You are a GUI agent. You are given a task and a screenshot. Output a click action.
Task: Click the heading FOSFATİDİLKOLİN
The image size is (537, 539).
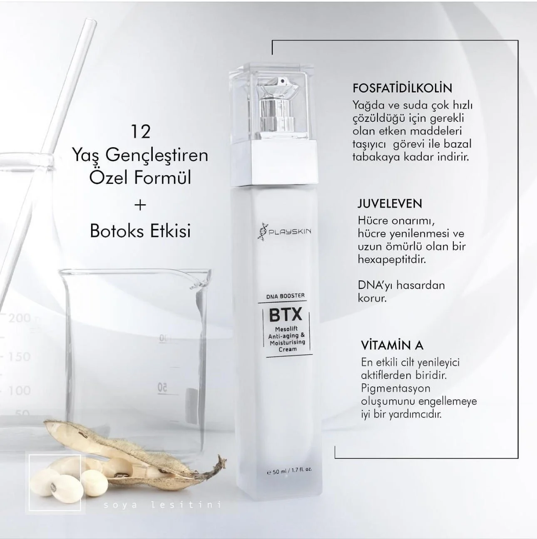tap(402, 88)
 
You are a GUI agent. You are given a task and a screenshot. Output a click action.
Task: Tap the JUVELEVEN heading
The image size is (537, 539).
tap(390, 204)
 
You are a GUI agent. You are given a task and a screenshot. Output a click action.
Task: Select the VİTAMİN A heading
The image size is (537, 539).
tap(392, 346)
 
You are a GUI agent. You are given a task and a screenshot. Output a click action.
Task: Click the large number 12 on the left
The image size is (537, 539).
tap(141, 132)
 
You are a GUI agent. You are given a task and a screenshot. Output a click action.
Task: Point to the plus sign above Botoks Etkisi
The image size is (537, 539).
tap(140, 205)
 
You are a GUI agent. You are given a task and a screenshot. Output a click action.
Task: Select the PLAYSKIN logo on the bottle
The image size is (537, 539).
tap(284, 232)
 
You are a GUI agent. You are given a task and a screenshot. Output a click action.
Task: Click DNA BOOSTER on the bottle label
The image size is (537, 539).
tap(286, 296)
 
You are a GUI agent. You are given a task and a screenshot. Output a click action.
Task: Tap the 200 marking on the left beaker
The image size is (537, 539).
tap(19, 318)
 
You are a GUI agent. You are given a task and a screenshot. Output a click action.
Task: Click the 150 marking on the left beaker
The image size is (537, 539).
tap(19, 356)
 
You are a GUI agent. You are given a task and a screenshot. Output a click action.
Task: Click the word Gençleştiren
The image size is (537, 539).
tap(157, 156)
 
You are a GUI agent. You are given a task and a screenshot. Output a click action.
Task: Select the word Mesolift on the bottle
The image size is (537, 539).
tap(286, 329)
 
